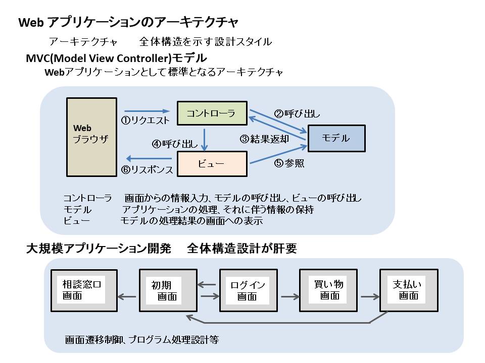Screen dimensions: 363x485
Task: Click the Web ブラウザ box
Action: click(91, 137)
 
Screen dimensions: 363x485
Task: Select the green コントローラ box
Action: click(212, 113)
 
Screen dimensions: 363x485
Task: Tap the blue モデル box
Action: click(336, 138)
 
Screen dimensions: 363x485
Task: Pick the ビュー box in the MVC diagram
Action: click(212, 164)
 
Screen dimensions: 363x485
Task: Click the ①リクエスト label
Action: click(145, 121)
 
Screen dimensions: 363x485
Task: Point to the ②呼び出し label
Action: click(297, 113)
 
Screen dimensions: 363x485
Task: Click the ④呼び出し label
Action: click(175, 144)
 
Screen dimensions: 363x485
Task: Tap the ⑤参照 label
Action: click(289, 163)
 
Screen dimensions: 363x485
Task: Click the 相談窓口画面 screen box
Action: click(84, 290)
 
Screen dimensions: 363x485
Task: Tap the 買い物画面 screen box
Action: click(328, 290)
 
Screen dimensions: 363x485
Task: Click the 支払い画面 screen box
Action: click(407, 290)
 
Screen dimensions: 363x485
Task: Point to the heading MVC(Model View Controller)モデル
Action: click(116, 58)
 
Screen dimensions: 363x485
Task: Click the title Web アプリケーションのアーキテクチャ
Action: click(128, 23)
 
